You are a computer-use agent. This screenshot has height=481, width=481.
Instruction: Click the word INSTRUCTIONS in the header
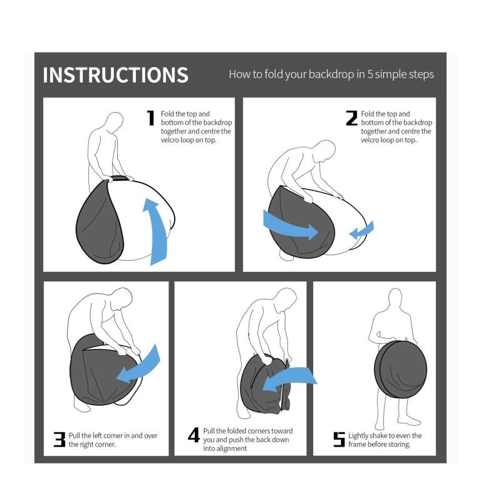click(x=115, y=75)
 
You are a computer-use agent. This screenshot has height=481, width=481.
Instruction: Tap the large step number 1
click(x=150, y=118)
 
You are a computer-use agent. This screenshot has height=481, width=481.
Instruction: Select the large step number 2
click(x=351, y=118)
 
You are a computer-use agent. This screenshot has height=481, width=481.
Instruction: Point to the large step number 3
click(x=59, y=439)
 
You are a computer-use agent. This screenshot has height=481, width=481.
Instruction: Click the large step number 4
click(x=194, y=435)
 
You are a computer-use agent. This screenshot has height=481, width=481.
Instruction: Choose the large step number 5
click(x=339, y=439)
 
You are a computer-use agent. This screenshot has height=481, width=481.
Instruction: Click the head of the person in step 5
click(x=395, y=299)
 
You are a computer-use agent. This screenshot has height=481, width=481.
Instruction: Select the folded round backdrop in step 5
click(x=401, y=370)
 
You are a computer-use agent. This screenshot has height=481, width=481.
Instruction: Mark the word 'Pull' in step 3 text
click(x=75, y=436)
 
